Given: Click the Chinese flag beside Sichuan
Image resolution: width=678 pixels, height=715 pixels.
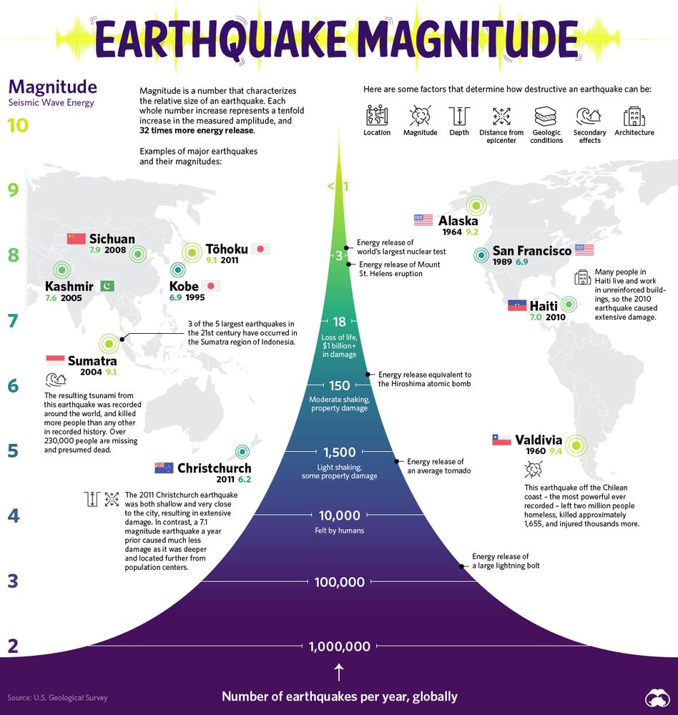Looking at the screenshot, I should click(x=76, y=239).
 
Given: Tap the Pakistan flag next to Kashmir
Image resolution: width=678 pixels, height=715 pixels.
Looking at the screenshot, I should click(x=104, y=287).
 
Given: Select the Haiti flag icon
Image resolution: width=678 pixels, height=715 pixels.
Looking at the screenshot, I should click(x=517, y=306).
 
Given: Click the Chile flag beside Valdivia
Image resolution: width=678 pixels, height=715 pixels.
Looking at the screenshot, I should click(x=501, y=440).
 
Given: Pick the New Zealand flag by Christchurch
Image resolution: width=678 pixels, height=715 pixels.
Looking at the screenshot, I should click(x=164, y=468).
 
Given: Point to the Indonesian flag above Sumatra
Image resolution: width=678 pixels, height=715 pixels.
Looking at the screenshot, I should click(x=55, y=360).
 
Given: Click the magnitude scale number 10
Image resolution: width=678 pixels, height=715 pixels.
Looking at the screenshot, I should click(x=19, y=126).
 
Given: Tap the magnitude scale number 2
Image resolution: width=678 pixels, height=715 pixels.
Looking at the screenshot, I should click(x=12, y=646).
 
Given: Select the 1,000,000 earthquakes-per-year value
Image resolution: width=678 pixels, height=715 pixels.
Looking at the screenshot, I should click(x=340, y=646).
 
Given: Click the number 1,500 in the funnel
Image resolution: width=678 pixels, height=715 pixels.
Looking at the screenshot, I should click(x=340, y=452).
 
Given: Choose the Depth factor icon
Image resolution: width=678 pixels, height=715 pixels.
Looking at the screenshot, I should click(x=458, y=116).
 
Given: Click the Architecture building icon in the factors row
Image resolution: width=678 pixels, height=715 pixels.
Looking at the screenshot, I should click(x=633, y=116).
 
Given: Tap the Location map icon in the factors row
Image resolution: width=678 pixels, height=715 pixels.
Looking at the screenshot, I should click(x=377, y=116).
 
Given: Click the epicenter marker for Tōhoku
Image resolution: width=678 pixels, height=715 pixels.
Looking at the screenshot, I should click(x=192, y=252).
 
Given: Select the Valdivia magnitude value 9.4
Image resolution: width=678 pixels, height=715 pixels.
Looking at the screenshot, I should click(x=556, y=451).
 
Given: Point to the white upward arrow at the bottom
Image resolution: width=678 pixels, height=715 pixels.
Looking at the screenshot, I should click(x=340, y=672).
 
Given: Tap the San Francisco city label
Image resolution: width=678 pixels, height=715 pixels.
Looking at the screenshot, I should click(x=531, y=251).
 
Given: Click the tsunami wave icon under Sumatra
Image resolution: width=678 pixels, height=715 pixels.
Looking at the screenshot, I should click(x=55, y=380).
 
